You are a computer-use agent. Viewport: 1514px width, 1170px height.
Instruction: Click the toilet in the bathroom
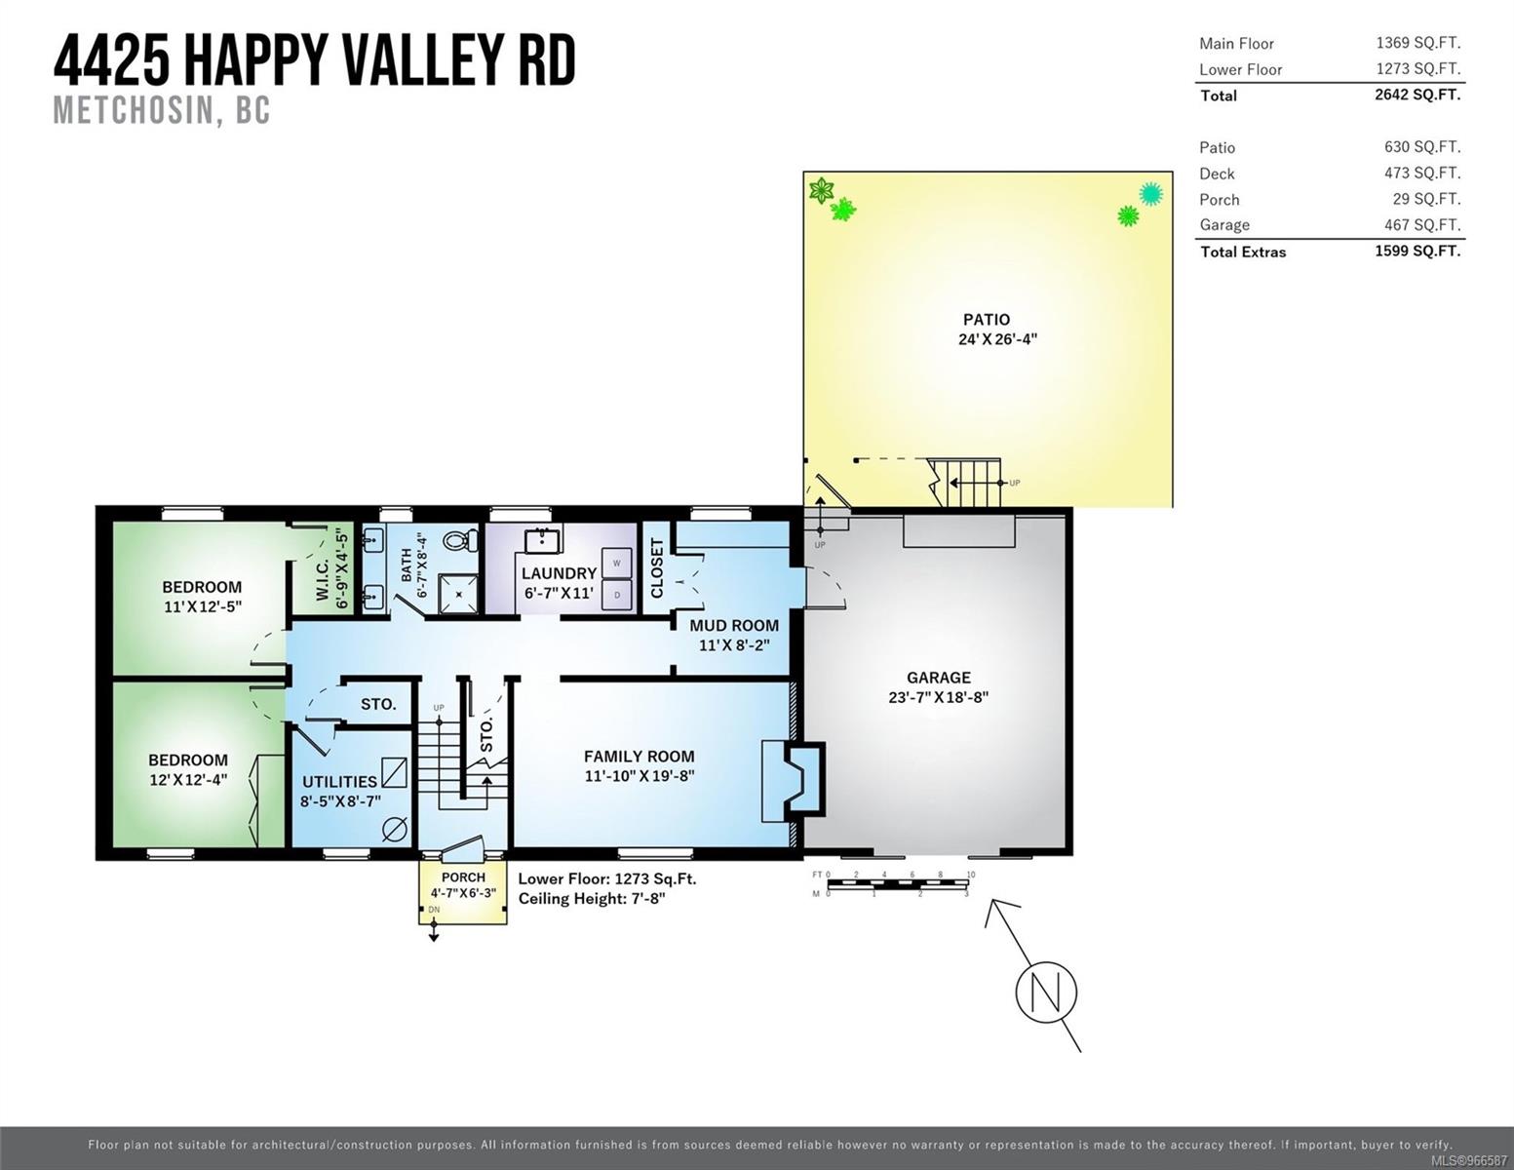coord(460,541)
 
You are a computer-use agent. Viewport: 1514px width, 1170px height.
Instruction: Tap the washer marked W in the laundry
coord(616,563)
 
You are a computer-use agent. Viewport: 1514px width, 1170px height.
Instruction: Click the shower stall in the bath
coord(459,595)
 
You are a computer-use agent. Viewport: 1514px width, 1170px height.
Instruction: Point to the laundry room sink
coord(543,539)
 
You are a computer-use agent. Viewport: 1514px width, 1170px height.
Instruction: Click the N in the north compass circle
coord(1046,993)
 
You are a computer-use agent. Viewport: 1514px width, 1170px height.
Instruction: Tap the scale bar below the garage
coord(898,884)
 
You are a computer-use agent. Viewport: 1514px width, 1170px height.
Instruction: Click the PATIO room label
coord(986,319)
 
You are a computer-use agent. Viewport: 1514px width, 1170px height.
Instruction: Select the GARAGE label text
coord(939,678)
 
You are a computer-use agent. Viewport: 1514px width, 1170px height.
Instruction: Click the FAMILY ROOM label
coord(639,756)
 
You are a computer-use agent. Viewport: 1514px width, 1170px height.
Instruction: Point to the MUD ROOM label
coord(734,626)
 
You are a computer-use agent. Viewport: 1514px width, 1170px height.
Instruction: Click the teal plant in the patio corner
coord(1150,194)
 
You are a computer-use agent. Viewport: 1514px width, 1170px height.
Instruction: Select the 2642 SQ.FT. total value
coord(1417,95)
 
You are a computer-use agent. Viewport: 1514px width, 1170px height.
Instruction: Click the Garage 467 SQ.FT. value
coord(1422,225)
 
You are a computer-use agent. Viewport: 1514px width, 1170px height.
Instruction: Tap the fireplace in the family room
coord(794,781)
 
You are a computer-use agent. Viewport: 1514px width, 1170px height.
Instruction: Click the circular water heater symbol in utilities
coord(395,830)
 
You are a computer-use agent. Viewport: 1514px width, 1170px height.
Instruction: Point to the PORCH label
coord(463,877)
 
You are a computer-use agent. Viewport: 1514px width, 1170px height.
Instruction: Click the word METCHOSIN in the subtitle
coord(134,110)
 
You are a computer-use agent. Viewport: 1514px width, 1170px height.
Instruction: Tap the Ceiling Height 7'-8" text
coord(592,899)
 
